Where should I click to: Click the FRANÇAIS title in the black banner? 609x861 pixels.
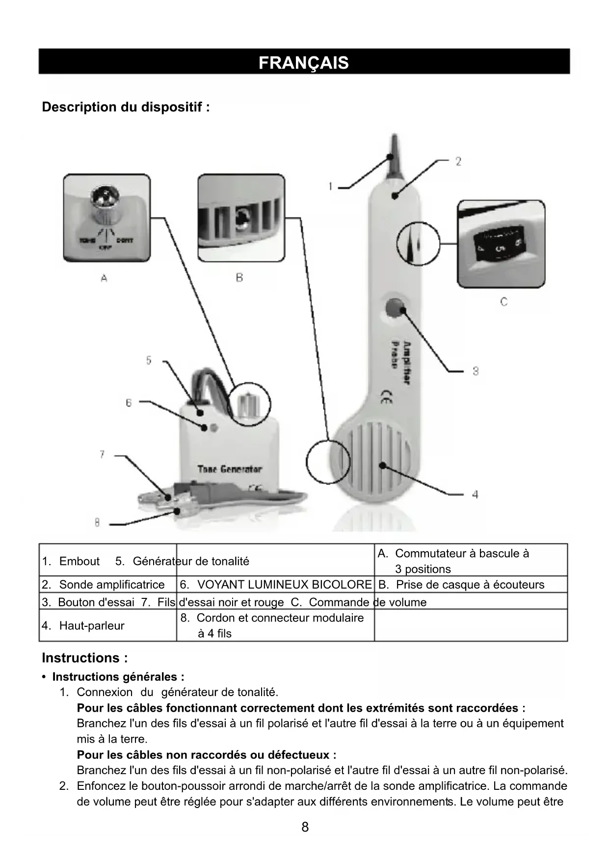(304, 63)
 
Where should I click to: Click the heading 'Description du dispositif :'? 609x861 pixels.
(126, 107)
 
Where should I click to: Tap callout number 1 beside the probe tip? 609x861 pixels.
(331, 187)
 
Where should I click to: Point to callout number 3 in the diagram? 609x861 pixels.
(476, 371)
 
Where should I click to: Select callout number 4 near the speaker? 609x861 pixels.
(475, 494)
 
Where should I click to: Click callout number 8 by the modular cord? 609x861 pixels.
(97, 523)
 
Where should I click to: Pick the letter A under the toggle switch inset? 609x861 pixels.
(104, 278)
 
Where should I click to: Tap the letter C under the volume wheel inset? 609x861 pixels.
(503, 302)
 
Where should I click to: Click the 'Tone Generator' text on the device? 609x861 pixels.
(230, 469)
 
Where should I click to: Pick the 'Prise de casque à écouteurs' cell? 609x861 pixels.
(470, 585)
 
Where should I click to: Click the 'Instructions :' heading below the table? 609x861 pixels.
(85, 658)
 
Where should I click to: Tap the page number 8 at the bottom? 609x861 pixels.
(305, 827)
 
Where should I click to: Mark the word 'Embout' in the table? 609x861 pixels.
(79, 561)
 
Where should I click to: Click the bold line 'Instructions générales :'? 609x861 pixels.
(118, 677)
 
